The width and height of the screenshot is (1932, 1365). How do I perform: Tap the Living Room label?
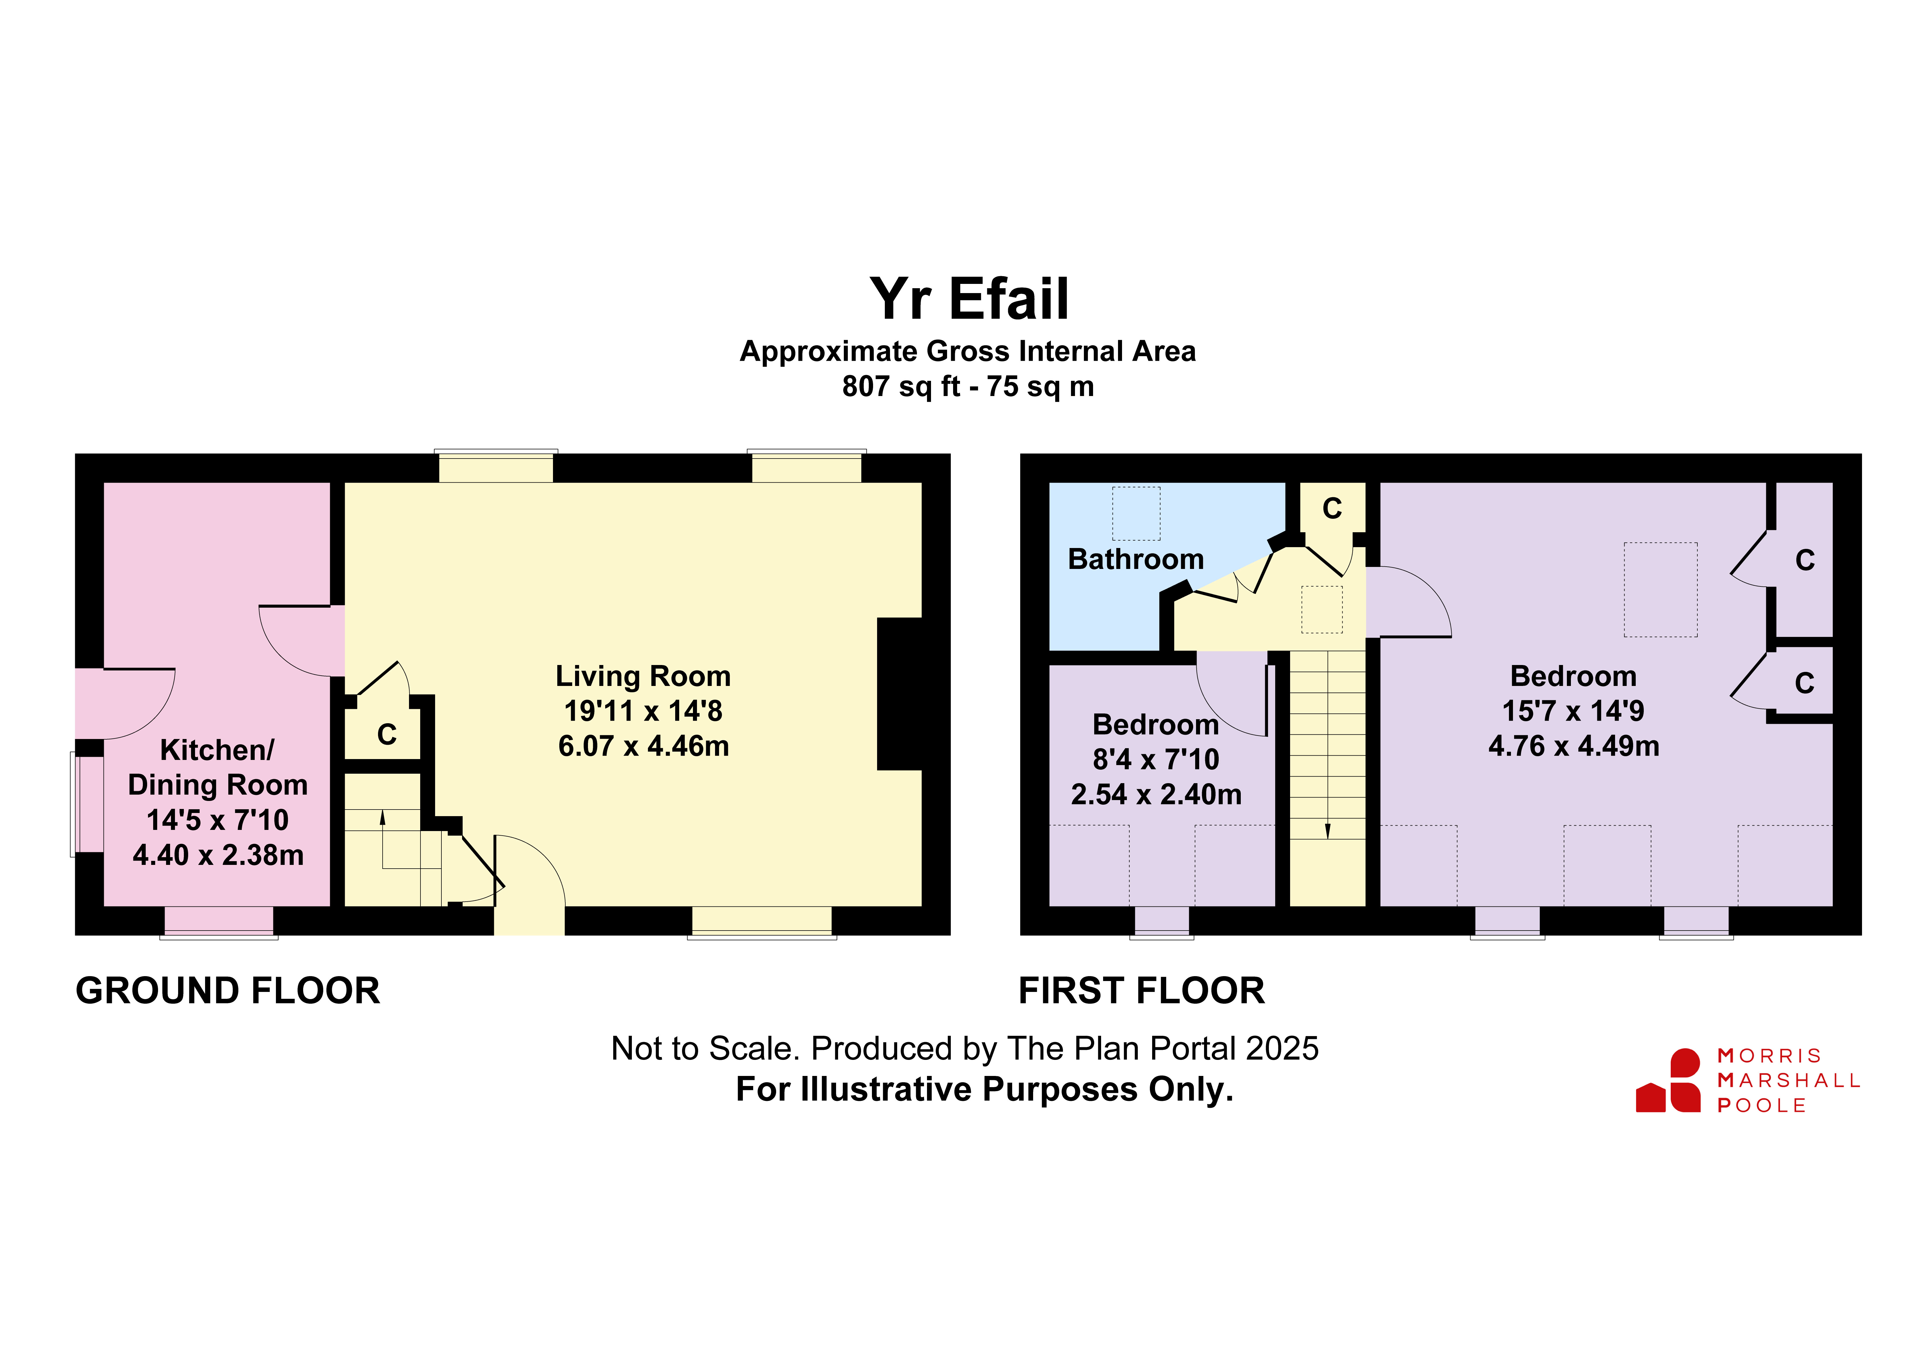pos(643,676)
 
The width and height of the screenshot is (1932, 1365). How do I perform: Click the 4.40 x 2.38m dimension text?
pos(218,855)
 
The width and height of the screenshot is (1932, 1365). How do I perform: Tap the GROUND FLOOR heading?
pos(228,990)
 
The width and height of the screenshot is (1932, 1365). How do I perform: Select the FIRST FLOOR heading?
pos(1142,990)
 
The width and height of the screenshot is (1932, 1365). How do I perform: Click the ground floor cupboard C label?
pos(387,735)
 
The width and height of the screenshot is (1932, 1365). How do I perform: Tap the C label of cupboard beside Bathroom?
pos(1332,508)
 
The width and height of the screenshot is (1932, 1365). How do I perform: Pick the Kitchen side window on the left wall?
pos(87,805)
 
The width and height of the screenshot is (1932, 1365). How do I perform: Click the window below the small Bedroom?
pos(1162,921)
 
